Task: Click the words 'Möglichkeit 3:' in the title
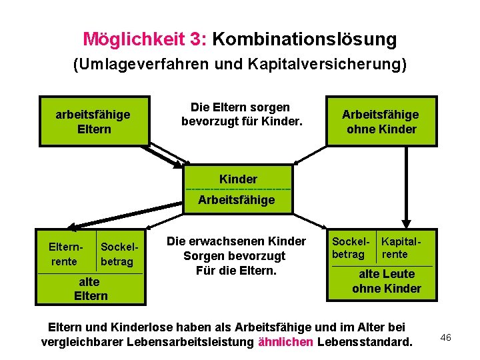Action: click(144, 39)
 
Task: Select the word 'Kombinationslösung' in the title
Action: click(304, 39)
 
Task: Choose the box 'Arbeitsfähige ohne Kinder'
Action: click(381, 121)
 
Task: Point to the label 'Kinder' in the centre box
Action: click(238, 179)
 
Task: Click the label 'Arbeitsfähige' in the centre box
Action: click(237, 200)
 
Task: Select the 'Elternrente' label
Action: click(64, 254)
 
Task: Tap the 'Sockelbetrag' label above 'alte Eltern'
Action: click(117, 254)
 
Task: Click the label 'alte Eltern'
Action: click(91, 289)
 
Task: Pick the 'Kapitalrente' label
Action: click(403, 247)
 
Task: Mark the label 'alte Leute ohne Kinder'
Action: click(387, 281)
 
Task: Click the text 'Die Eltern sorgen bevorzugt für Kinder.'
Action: click(241, 114)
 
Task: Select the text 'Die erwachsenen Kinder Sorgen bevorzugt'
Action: click(236, 248)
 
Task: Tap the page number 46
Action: click(446, 338)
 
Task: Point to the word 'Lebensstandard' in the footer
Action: click(365, 342)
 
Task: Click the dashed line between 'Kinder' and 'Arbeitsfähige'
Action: click(238, 189)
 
